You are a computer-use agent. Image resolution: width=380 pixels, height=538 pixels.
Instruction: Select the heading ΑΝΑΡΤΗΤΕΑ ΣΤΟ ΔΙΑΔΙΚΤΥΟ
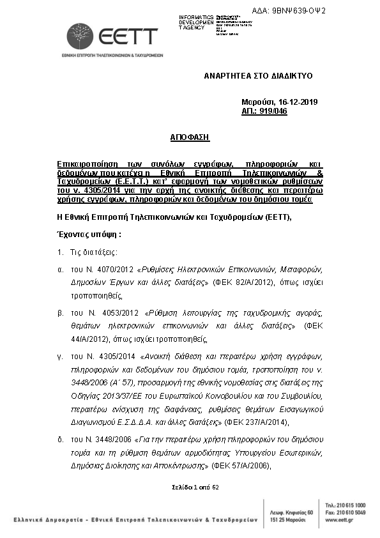click(x=258, y=75)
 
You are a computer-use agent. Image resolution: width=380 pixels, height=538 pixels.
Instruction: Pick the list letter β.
click(x=60, y=312)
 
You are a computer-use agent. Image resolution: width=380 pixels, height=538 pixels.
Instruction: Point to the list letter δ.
click(x=60, y=440)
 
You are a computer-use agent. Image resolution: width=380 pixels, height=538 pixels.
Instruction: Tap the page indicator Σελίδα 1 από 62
click(x=195, y=487)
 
